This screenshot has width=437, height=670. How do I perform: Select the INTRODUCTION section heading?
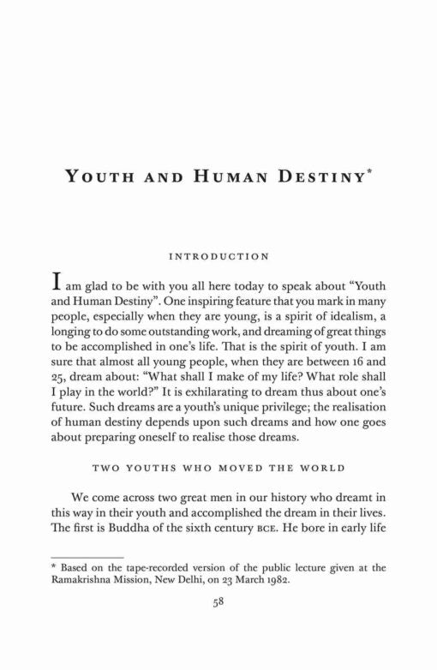[218, 254]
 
